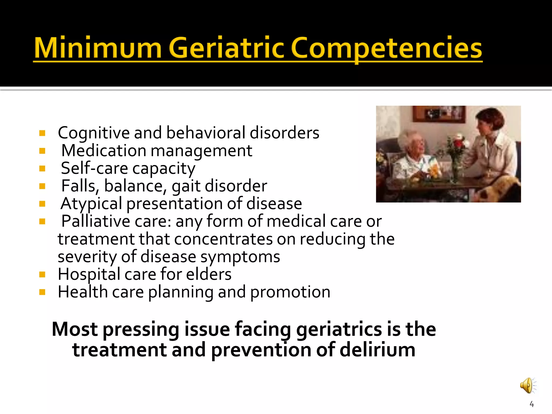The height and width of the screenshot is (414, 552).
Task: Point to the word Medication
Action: (x=104, y=150)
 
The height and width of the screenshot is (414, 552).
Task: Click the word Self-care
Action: (x=94, y=168)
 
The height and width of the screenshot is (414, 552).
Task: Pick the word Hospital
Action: (x=89, y=274)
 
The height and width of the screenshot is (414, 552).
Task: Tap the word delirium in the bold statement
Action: (x=377, y=350)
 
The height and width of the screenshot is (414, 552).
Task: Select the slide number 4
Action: (x=532, y=404)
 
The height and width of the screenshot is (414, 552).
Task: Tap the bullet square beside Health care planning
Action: (x=42, y=292)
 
